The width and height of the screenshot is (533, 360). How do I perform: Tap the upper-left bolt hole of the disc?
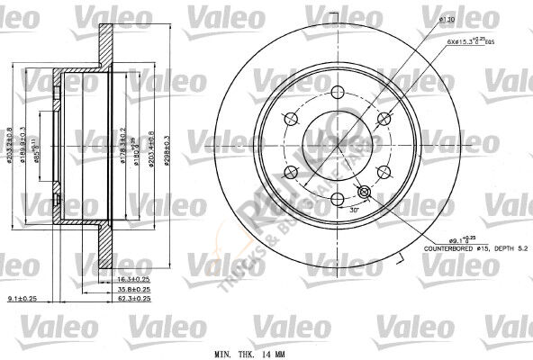click(291, 117)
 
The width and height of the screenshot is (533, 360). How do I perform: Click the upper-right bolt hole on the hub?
click(384, 117)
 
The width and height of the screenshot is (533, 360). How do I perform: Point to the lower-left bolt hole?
click(291, 172)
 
